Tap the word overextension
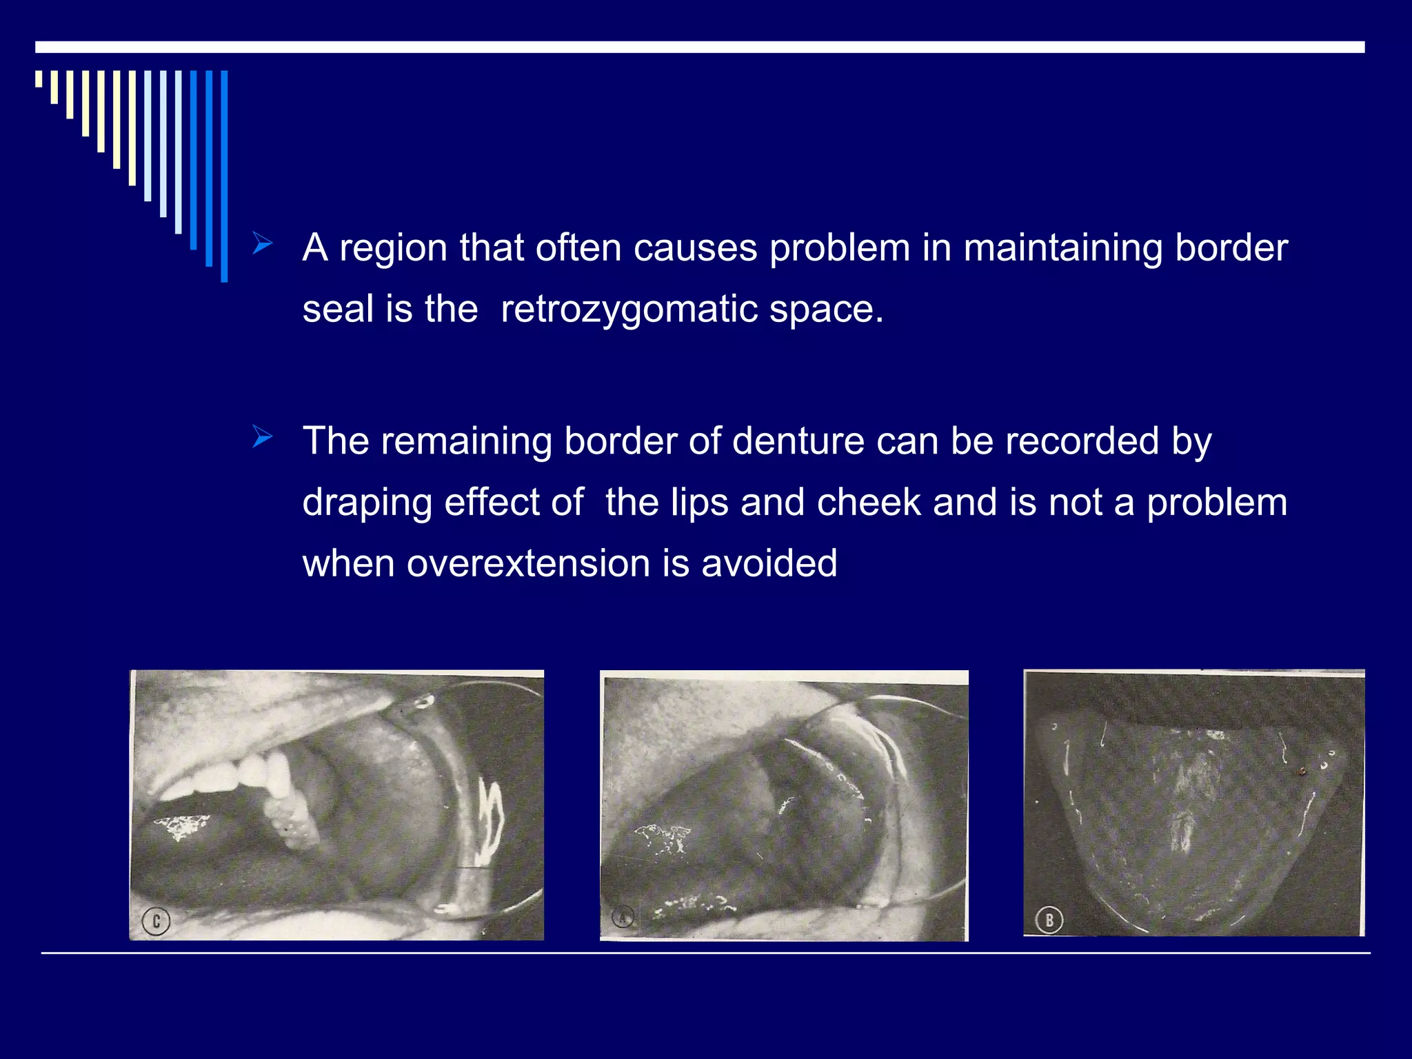coord(528,563)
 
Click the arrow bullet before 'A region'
coord(263,244)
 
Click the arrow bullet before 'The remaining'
coord(263,438)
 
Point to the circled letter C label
coord(156,921)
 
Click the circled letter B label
coord(1049,920)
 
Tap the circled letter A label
coord(623,918)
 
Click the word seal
coord(338,308)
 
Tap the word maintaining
coord(1063,248)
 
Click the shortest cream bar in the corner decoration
coord(39,79)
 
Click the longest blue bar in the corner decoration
coord(224,176)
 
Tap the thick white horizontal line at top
coord(699,47)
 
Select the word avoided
coord(769,563)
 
